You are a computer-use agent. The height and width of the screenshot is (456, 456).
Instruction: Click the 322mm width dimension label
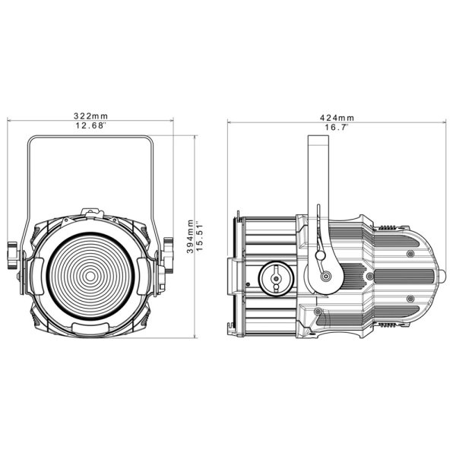click(90, 116)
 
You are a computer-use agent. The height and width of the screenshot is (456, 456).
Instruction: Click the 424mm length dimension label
click(337, 118)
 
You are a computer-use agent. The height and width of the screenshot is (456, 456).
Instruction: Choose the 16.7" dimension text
click(337, 128)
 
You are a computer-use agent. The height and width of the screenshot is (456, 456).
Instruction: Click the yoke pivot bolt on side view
click(325, 277)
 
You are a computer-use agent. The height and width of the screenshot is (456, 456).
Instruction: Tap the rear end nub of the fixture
click(440, 277)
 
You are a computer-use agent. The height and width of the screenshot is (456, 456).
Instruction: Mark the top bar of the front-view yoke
click(90, 140)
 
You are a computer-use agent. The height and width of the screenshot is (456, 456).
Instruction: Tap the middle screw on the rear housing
click(370, 277)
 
